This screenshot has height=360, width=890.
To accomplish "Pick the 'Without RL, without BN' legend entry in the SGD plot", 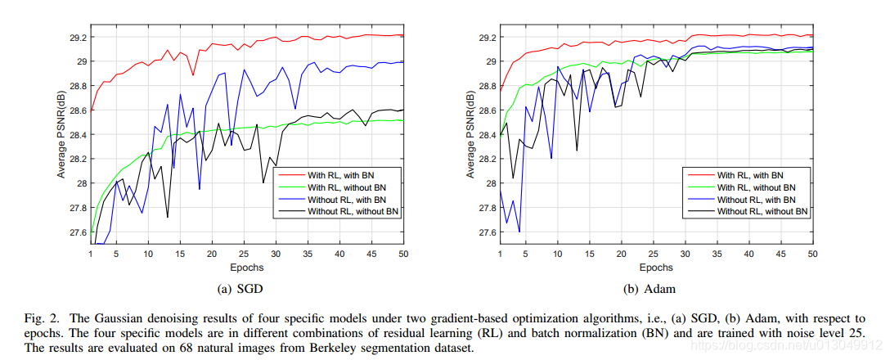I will point(353,211).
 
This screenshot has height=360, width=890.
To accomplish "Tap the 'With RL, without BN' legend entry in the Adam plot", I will point(756,187).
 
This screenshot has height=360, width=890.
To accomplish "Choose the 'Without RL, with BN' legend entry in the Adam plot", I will point(756,199).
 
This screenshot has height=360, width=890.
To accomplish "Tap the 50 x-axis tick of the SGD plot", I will point(403,254).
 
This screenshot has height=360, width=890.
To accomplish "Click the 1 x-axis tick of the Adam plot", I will point(500,254).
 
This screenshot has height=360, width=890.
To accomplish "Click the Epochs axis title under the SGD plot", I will point(245,267).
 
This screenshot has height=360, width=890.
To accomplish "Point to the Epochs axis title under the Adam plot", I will point(655,267).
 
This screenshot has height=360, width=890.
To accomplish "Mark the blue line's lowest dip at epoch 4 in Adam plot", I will point(519,232).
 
